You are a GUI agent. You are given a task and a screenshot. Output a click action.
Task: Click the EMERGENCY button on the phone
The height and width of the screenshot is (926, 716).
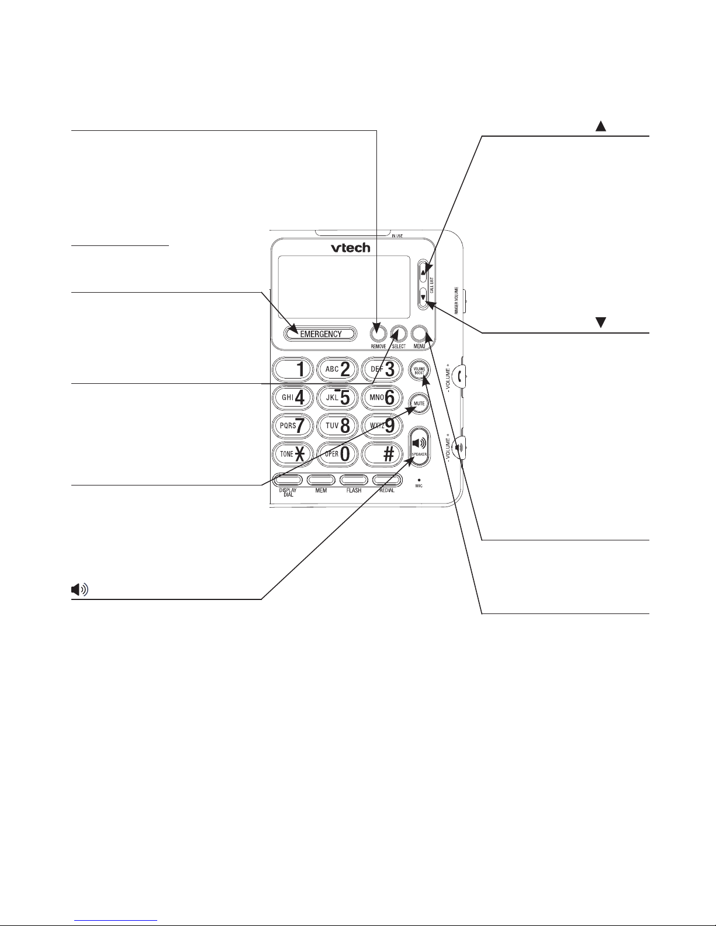click(321, 334)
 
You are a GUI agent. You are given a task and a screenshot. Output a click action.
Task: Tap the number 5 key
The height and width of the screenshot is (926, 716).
click(337, 397)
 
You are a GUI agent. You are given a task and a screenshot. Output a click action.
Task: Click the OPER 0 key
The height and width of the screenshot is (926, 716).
click(337, 454)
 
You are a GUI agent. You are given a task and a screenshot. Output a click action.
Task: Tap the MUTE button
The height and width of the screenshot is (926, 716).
click(419, 403)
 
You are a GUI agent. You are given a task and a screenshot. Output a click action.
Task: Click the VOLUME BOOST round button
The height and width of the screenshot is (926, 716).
click(419, 370)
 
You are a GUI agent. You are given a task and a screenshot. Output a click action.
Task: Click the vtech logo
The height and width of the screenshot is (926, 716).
click(351, 248)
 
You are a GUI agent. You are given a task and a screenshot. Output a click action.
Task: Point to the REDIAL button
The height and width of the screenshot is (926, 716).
click(388, 480)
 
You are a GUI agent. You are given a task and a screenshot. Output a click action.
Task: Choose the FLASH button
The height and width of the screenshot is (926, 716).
click(354, 480)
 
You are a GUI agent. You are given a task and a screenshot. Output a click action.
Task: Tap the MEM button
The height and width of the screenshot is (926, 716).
click(321, 480)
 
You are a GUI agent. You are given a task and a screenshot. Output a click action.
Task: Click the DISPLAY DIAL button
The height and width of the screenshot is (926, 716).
click(287, 480)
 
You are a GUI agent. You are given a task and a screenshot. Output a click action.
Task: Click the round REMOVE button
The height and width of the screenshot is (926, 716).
click(378, 333)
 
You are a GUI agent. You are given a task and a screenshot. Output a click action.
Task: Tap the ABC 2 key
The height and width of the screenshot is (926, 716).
click(337, 369)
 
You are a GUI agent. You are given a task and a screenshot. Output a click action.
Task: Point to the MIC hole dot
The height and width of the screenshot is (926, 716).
click(419, 479)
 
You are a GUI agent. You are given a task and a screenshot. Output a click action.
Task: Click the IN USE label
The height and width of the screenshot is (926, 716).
click(397, 236)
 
